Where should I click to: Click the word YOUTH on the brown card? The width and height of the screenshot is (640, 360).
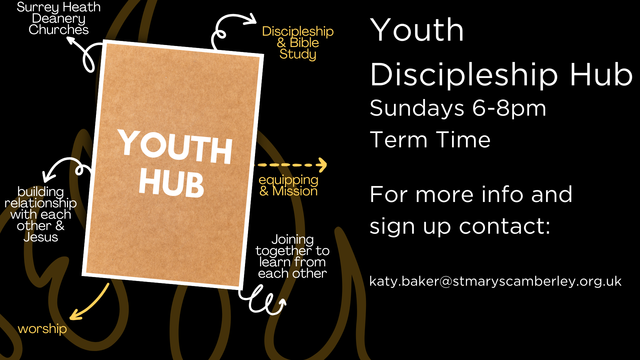(175, 147)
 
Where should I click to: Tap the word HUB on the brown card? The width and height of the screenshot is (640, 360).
(171, 183)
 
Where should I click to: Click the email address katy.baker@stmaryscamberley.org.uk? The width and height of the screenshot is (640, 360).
(495, 281)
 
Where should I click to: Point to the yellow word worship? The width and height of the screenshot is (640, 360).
(42, 329)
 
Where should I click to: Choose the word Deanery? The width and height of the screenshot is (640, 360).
(59, 19)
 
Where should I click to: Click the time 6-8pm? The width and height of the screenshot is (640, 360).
(509, 108)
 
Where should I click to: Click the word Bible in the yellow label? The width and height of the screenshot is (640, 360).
(304, 43)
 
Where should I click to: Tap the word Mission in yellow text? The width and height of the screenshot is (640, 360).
(295, 191)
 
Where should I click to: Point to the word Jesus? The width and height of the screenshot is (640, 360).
(41, 237)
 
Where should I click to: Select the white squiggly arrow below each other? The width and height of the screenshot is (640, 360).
(263, 301)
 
